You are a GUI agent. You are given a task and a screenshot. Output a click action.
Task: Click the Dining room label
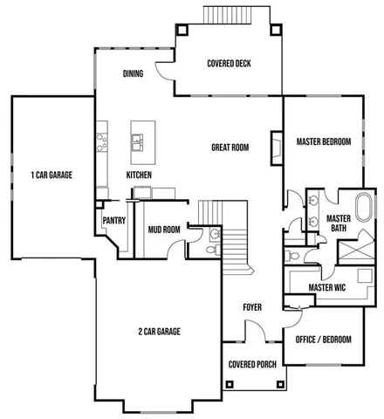pyautogui.click(x=133, y=74)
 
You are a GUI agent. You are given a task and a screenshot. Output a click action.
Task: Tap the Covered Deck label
pyautogui.click(x=229, y=63)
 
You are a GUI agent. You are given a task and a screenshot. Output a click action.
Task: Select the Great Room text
pyautogui.click(x=230, y=148)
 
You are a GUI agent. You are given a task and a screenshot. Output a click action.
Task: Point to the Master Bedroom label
pyautogui.click(x=323, y=141)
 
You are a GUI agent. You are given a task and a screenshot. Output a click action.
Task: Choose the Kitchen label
pyautogui.click(x=139, y=175)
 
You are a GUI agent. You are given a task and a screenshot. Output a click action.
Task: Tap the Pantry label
pyautogui.click(x=114, y=222)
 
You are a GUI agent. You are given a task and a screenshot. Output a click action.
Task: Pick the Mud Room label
pyautogui.click(x=163, y=230)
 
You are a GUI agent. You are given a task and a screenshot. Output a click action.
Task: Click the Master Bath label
pyautogui.click(x=338, y=223)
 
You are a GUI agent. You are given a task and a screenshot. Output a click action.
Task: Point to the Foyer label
pyautogui.click(x=252, y=307)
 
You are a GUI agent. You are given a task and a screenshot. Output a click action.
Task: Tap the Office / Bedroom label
pyautogui.click(x=324, y=339)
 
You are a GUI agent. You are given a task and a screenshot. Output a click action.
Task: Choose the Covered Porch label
pyautogui.click(x=252, y=365)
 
